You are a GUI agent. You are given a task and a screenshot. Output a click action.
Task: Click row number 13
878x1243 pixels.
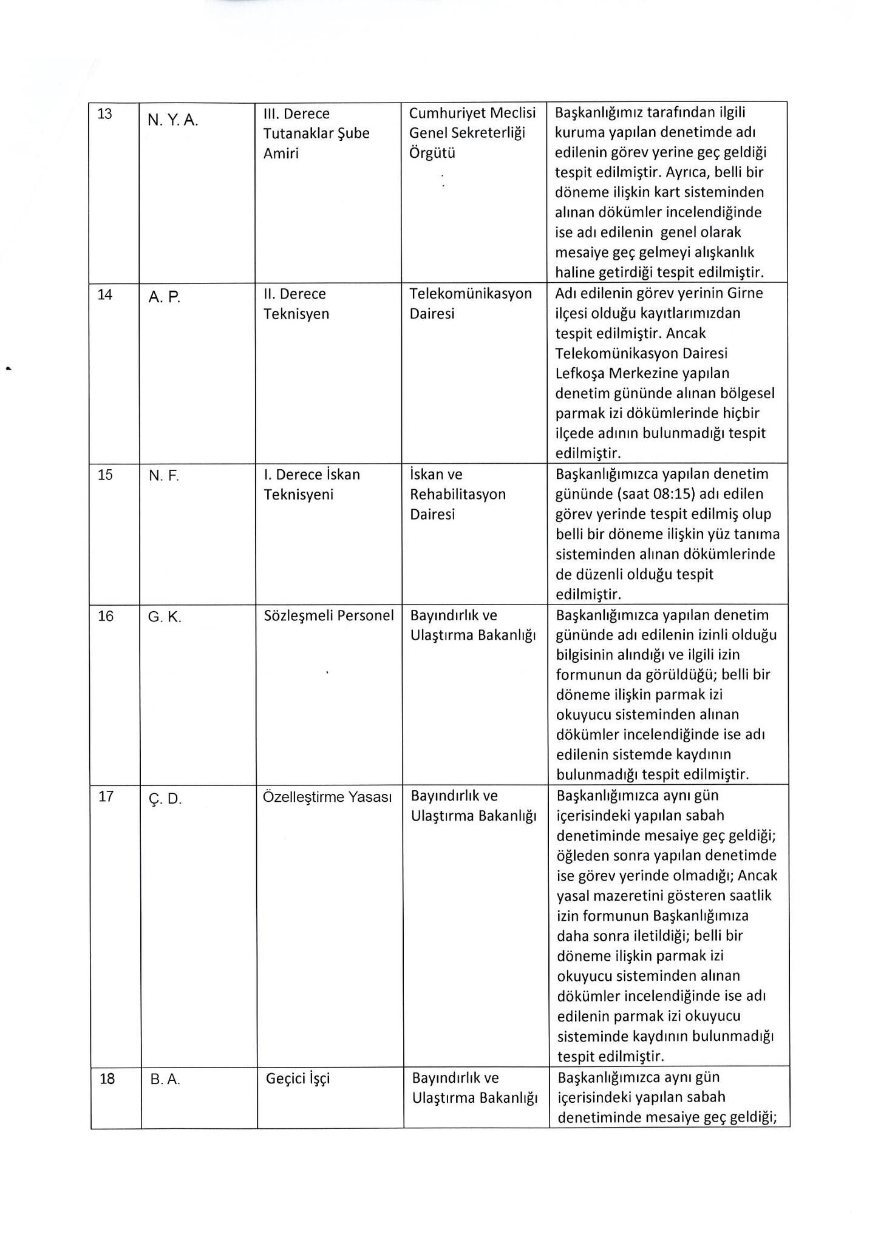coord(105,114)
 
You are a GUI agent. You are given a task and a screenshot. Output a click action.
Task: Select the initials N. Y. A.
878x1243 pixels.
coord(172,120)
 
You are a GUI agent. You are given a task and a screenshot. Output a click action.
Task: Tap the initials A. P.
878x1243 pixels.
coord(165,297)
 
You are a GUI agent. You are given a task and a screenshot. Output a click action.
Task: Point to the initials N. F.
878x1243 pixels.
coord(164,476)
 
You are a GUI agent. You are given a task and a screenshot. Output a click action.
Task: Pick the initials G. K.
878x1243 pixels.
coord(165,617)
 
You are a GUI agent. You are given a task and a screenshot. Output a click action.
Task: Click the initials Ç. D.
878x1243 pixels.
coord(165,799)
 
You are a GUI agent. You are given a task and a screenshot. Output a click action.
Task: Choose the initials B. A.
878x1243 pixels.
coord(165,1080)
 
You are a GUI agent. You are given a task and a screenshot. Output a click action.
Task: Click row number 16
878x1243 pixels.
coord(106,617)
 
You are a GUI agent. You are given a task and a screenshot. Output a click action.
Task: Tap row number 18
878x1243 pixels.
coord(107,1079)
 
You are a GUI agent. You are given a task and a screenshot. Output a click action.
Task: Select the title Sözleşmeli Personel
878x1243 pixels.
coord(329,615)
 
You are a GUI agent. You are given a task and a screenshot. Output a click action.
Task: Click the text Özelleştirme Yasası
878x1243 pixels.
coord(327,797)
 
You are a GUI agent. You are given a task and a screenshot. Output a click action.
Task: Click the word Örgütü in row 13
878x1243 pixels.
coord(432,153)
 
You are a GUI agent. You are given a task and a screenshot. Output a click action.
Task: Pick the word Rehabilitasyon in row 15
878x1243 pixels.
coord(458,494)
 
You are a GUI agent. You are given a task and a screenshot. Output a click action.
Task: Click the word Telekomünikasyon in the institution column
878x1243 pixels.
coord(471,294)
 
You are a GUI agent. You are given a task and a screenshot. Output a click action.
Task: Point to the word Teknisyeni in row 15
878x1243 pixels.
coord(299,495)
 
